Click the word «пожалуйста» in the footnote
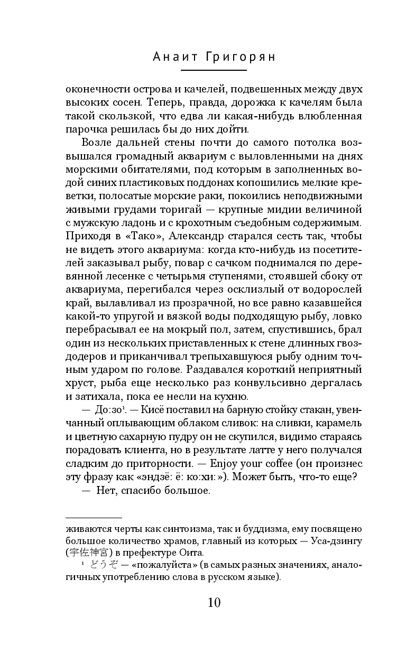click(x=160, y=566)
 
